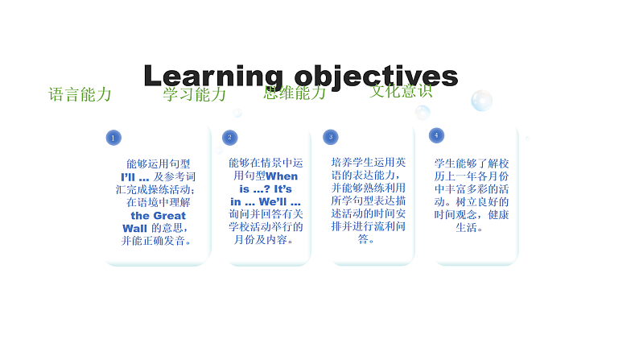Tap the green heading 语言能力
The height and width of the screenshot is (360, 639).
coord(80,94)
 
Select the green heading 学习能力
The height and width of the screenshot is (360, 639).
coord(194,94)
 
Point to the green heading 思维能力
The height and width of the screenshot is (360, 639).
coord(295,92)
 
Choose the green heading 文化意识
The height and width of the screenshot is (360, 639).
coord(401,90)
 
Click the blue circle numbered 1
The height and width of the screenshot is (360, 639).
coord(113,138)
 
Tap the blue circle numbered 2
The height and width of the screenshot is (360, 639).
coord(230,138)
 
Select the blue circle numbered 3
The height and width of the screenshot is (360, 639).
coord(330,137)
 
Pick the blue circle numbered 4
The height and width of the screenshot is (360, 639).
coord(436,134)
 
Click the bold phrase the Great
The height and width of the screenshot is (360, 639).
coord(158,215)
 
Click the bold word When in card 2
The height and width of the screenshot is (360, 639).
coord(282,176)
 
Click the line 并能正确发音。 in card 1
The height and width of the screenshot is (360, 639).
coord(157,240)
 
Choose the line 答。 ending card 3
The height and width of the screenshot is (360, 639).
coord(366,239)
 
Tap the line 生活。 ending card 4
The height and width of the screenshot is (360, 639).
coord(470,227)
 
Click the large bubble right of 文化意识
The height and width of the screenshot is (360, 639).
coord(481,101)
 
